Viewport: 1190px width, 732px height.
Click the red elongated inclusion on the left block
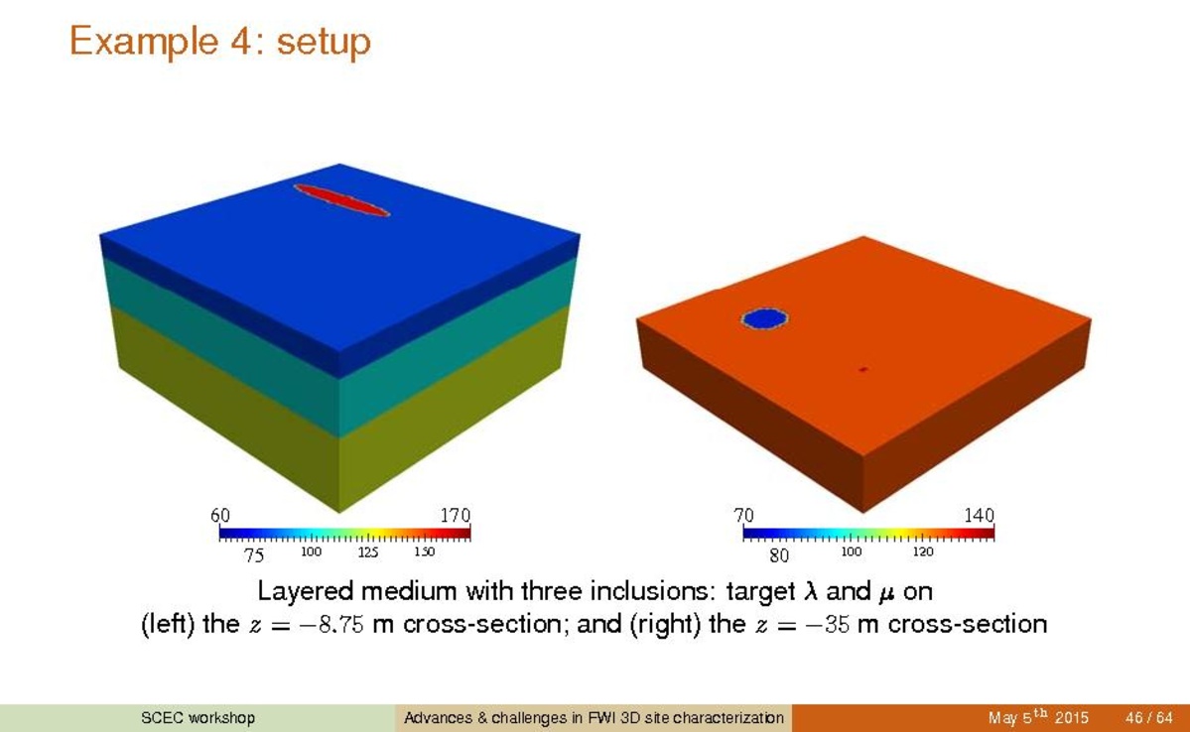(x=341, y=199)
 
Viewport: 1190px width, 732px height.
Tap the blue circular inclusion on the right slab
(x=764, y=318)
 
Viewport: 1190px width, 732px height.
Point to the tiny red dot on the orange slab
(x=862, y=369)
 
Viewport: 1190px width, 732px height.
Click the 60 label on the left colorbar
(x=220, y=516)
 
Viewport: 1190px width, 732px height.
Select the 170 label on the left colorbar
(x=456, y=516)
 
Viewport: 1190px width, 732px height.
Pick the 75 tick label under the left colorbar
(x=254, y=556)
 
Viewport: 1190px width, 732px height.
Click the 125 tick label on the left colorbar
(x=368, y=552)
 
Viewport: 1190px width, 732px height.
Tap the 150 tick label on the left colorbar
(x=424, y=552)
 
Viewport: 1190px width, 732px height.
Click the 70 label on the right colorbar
(x=743, y=516)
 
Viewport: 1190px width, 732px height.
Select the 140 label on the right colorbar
(x=979, y=516)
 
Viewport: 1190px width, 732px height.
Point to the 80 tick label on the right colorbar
(x=779, y=556)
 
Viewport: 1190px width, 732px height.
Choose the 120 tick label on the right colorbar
(x=923, y=552)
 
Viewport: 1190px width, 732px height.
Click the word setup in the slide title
(x=324, y=42)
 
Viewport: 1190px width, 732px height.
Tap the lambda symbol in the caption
(x=811, y=591)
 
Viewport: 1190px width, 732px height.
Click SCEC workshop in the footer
(x=198, y=717)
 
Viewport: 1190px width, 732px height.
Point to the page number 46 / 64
(x=1149, y=717)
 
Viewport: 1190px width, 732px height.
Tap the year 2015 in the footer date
(x=1071, y=717)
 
